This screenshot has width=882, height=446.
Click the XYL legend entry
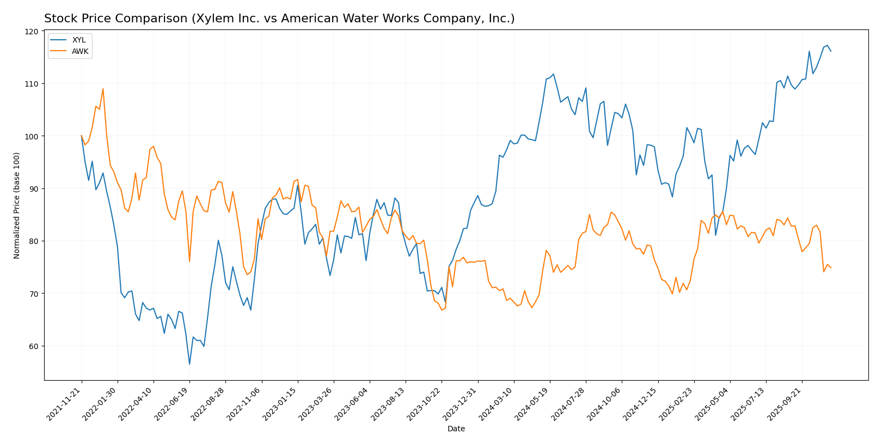79,40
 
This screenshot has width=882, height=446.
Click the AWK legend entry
79,51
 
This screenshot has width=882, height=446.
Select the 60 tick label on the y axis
34,346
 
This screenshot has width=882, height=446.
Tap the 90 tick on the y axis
34,189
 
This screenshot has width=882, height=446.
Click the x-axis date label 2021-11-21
64,404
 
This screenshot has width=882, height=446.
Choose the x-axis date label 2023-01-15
280,404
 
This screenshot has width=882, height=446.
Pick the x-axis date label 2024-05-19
532,404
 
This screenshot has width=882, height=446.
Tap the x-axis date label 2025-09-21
785,404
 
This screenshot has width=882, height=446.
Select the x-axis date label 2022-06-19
172,404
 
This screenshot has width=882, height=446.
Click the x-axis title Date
456,429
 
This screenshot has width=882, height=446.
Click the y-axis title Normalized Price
17,205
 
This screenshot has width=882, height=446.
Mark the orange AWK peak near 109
103,89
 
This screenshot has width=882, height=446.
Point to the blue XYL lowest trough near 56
189,364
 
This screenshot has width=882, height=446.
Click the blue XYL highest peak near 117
827,45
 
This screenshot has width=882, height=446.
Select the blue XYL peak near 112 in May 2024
553,74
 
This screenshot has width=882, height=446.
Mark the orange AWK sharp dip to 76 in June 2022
189,261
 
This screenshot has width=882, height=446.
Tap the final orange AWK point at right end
831,268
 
